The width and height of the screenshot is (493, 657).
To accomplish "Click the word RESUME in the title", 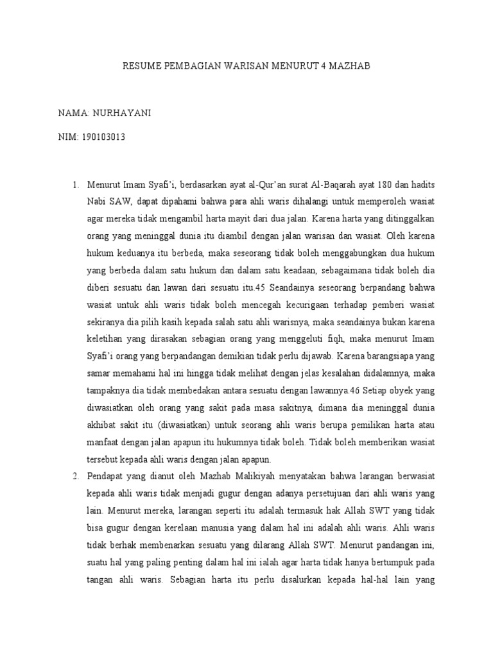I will [x=140, y=66].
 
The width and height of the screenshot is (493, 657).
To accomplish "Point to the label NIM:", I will [x=68, y=138].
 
